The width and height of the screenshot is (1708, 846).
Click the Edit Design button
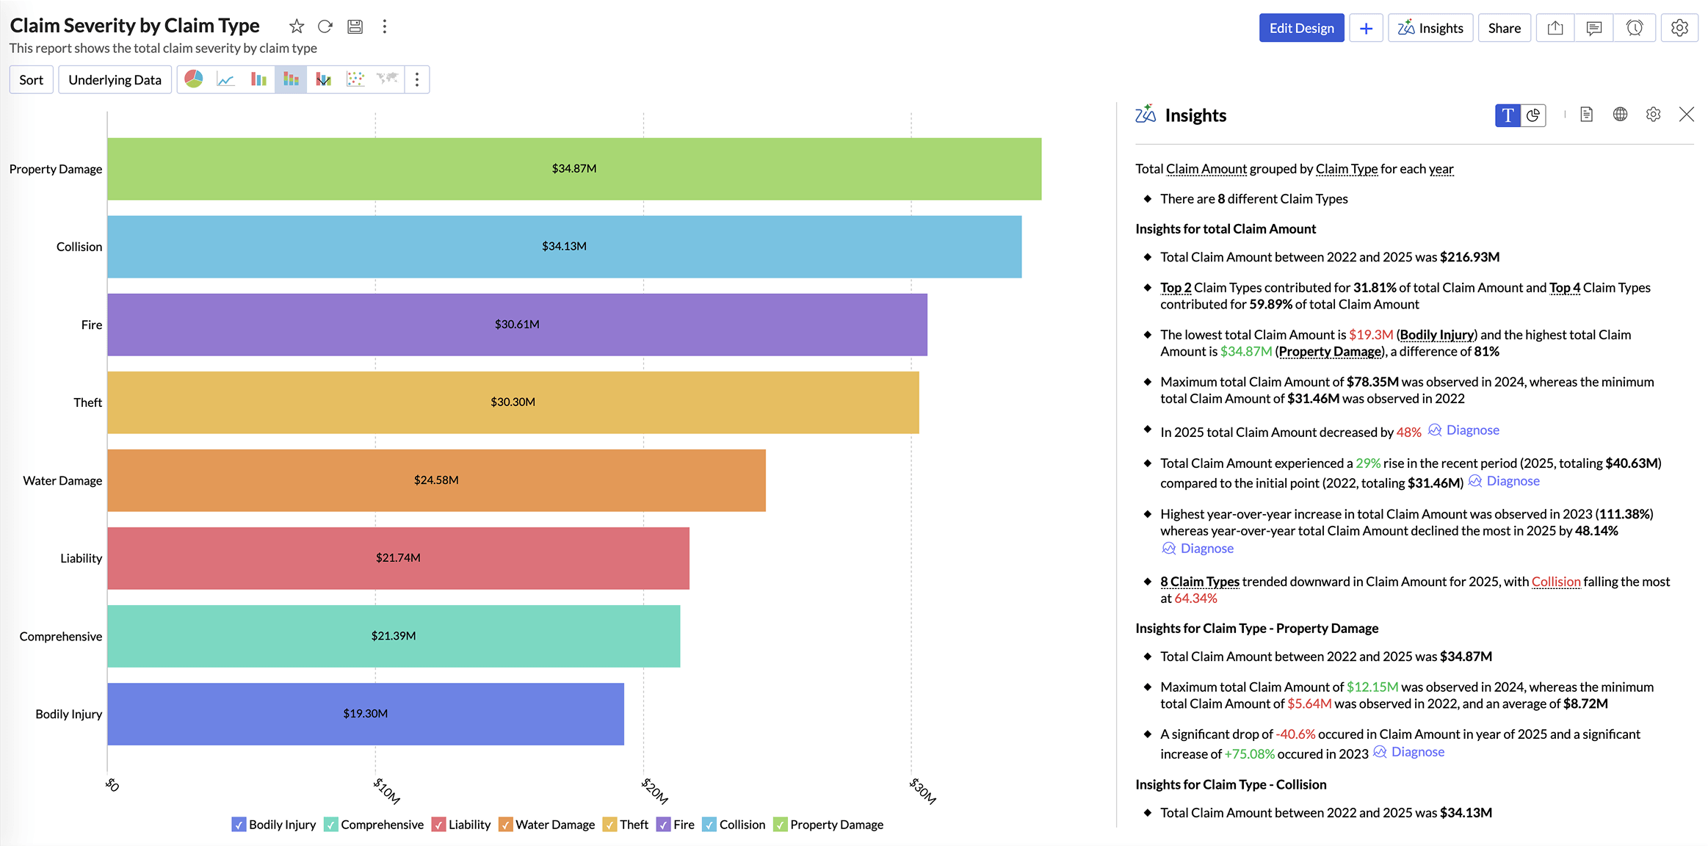pyautogui.click(x=1301, y=28)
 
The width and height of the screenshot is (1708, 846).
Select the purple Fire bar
pyautogui.click(x=661, y=325)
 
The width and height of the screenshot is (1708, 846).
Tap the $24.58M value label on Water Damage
pyautogui.click(x=436, y=480)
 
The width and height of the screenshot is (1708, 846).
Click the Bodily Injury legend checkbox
pyautogui.click(x=239, y=825)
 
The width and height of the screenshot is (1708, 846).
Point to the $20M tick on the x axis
pyautogui.click(x=654, y=790)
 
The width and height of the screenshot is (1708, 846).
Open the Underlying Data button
pyautogui.click(x=115, y=80)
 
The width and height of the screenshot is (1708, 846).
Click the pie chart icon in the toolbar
pyautogui.click(x=194, y=79)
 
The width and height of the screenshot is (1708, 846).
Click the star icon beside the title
pyautogui.click(x=297, y=26)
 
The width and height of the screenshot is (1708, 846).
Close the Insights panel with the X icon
pyautogui.click(x=1687, y=115)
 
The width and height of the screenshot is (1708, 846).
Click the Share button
pyautogui.click(x=1504, y=28)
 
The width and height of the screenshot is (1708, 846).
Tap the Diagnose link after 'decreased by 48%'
pyautogui.click(x=1472, y=430)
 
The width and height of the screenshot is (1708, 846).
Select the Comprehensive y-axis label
pyautogui.click(x=61, y=637)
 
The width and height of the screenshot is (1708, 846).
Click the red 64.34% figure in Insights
pyautogui.click(x=1195, y=599)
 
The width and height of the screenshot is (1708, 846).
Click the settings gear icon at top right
pyautogui.click(x=1679, y=28)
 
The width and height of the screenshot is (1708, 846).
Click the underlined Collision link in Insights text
pyautogui.click(x=1555, y=582)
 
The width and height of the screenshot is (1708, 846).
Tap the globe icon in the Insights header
pyautogui.click(x=1620, y=115)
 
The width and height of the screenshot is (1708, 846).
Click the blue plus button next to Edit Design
pyautogui.click(x=1366, y=28)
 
